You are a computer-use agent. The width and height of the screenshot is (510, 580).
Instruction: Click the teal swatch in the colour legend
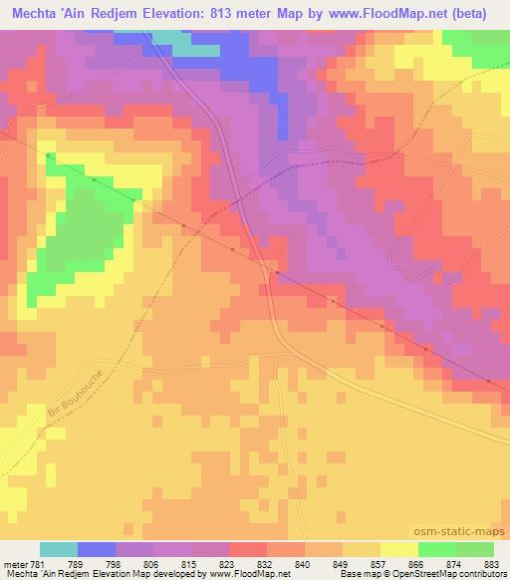(x=59, y=549)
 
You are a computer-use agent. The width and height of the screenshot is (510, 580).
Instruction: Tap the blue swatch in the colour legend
(x=97, y=549)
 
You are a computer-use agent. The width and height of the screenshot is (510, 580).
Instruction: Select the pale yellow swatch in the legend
(x=398, y=549)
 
